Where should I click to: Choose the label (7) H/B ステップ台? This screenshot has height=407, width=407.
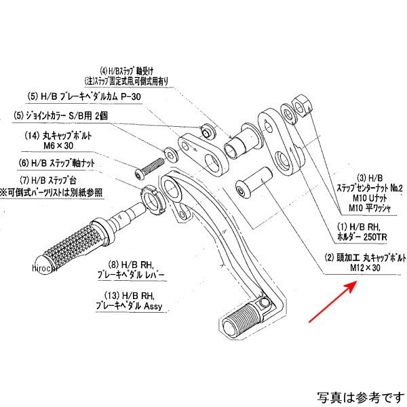tap(64, 180)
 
